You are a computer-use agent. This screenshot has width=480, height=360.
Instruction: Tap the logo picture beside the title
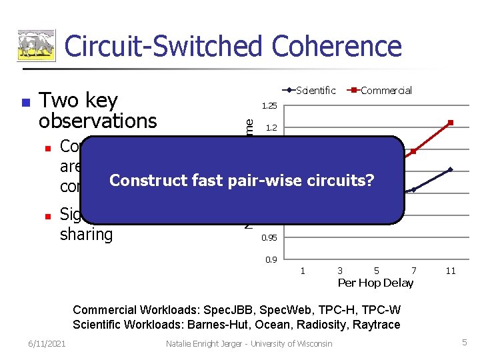[37, 47]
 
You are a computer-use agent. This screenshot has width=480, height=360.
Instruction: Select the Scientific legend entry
[315, 91]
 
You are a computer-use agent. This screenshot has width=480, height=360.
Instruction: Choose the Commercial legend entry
[386, 91]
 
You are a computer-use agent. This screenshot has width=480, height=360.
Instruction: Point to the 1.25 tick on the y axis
[269, 106]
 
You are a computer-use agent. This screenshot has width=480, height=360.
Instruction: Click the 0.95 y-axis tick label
[269, 238]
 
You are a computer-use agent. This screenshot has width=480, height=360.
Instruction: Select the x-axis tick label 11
[451, 271]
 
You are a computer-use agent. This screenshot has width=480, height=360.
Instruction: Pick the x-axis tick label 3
[340, 271]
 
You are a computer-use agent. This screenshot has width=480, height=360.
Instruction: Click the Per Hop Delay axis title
[375, 283]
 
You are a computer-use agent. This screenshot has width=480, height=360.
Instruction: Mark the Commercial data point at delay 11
[451, 123]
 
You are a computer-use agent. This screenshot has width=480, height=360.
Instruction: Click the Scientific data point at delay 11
[451, 169]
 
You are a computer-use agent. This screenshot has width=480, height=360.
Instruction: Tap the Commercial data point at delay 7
[413, 151]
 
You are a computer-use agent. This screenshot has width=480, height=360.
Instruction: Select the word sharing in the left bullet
[87, 234]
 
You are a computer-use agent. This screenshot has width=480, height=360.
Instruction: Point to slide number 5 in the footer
[465, 342]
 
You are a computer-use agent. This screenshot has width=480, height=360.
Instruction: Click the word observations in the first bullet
[98, 121]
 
